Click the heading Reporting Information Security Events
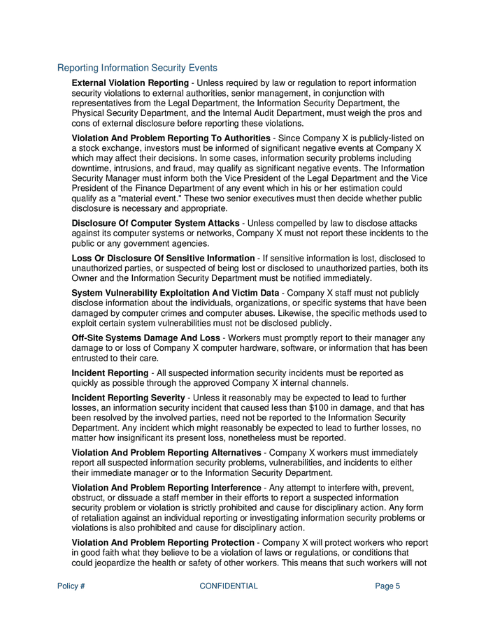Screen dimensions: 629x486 (x=137, y=68)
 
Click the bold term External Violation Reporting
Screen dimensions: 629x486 (x=130, y=83)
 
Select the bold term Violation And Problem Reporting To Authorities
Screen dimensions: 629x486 (x=171, y=138)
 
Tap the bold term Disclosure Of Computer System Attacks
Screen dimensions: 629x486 (x=155, y=223)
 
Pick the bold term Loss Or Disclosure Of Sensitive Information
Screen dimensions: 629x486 (x=163, y=258)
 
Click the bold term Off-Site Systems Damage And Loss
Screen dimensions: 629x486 (x=145, y=338)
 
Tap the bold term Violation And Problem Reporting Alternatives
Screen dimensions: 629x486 (x=166, y=453)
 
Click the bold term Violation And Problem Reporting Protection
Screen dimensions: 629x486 (x=163, y=542)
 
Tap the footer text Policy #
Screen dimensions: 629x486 (x=71, y=586)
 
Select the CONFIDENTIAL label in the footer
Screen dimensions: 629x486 (x=229, y=586)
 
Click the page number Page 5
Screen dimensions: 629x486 (x=387, y=586)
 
